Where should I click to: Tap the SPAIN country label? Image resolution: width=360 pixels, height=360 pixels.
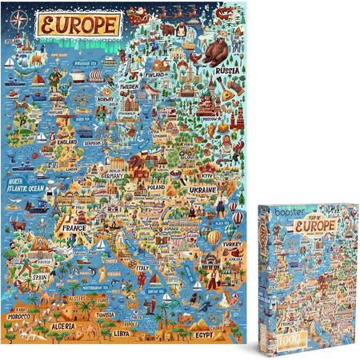point(38,275)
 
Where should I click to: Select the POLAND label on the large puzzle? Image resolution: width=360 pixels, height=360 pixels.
point(155,186)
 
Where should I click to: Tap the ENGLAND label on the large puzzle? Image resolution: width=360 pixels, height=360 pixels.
point(66,142)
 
